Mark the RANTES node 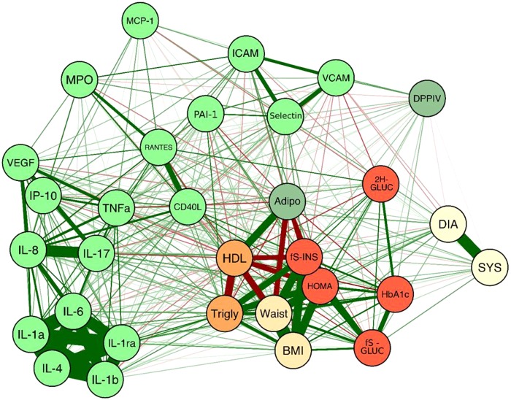[158, 146]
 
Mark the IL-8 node [29, 243]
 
